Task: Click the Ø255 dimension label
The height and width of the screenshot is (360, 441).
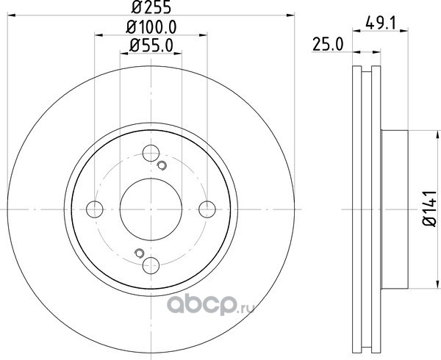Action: pos(151,7)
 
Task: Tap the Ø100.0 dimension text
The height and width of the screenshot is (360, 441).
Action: pos(151,27)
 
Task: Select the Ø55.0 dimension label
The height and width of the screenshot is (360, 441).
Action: pos(151,46)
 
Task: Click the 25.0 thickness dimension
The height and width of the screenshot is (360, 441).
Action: pos(328,44)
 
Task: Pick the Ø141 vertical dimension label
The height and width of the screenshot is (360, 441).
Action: pos(430,209)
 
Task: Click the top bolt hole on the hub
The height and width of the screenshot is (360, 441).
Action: pos(151,153)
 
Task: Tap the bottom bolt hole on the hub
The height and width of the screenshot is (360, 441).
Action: pos(151,265)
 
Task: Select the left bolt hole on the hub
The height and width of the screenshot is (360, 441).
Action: pos(95,209)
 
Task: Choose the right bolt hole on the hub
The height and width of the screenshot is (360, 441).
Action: pos(207,209)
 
